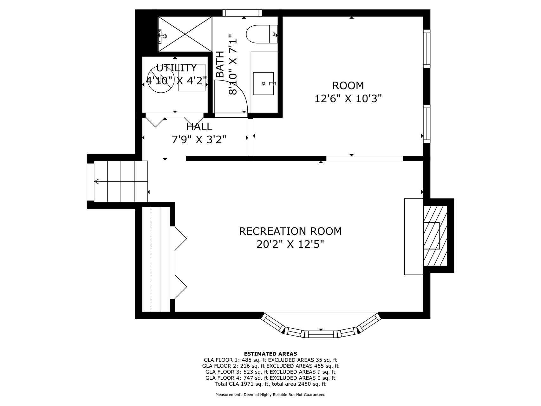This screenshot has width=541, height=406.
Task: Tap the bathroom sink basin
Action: tap(264, 84)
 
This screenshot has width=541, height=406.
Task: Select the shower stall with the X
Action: tap(185, 34)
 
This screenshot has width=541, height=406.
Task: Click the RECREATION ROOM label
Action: tap(290, 231)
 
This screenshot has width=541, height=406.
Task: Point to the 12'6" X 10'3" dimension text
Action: tap(348, 99)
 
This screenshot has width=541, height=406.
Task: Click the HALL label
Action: tap(199, 127)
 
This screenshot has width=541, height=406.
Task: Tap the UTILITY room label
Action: tap(177, 68)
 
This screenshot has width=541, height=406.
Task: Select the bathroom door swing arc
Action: tap(235, 94)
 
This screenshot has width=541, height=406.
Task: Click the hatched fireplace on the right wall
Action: tap(435, 236)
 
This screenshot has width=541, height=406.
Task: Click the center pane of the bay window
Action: tap(321, 334)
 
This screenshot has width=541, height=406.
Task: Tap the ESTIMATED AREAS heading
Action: tap(270, 354)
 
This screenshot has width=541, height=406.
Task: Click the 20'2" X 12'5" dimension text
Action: tap(290, 245)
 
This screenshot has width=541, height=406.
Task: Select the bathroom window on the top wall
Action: tap(242, 13)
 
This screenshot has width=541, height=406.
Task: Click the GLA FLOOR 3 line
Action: tap(270, 372)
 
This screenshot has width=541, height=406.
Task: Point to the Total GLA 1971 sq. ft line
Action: tap(270, 384)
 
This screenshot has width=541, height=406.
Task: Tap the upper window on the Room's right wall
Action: tap(427, 49)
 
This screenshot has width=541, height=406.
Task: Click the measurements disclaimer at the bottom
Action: tap(270, 395)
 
